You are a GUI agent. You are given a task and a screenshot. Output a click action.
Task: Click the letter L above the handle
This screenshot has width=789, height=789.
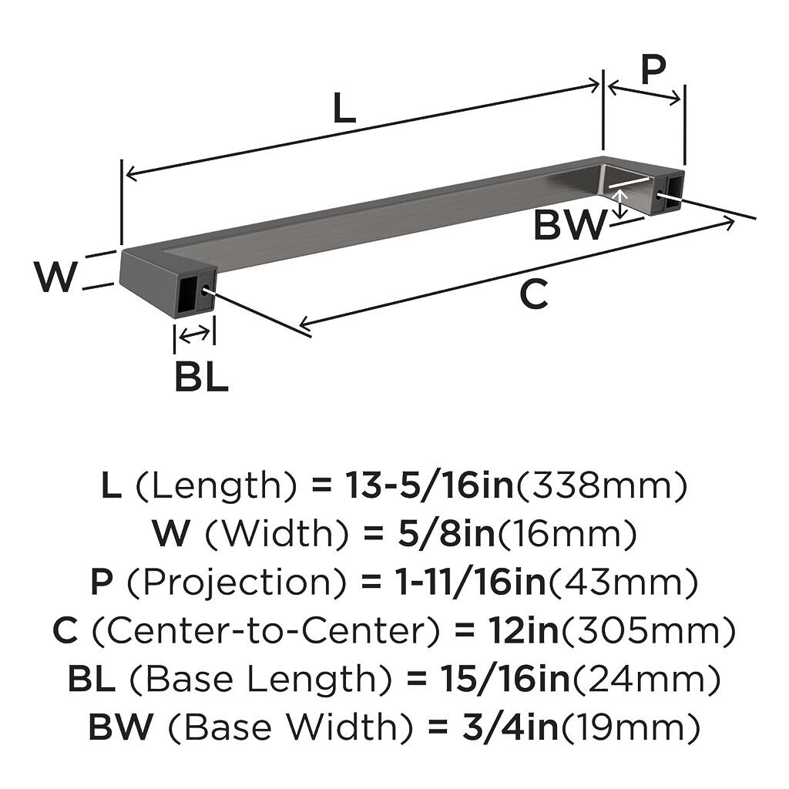pos(344,109)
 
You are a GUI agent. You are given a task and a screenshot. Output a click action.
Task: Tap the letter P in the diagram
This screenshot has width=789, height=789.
pos(653,70)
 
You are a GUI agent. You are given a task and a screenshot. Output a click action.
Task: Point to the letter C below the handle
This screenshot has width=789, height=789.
pos(533,294)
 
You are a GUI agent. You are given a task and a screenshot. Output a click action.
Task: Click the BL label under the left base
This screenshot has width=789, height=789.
pos(201,378)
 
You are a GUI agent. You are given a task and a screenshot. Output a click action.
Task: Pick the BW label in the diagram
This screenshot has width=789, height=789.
pos(571,225)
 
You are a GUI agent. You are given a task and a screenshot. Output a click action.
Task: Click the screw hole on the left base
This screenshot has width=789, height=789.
pos(206,290)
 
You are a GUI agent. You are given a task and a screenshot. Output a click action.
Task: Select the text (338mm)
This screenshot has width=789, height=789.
pos(601,485)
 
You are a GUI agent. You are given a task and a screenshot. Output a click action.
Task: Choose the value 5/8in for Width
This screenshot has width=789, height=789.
pos(446,534)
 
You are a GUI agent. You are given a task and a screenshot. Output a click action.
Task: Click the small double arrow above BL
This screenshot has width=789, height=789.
pos(193,334)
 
